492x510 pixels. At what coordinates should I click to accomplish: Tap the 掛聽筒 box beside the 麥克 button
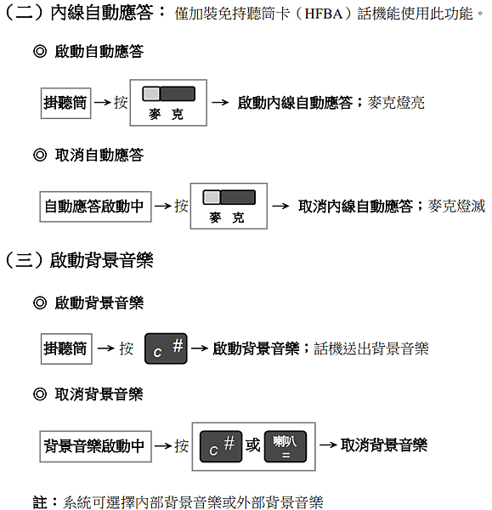point(65,103)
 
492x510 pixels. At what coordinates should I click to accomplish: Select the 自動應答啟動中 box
point(95,207)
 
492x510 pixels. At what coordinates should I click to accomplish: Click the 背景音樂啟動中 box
point(95,446)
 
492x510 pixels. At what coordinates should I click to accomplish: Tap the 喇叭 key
point(286,446)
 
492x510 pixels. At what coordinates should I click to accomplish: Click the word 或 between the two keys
point(252,445)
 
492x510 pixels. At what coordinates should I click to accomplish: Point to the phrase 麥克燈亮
point(396,103)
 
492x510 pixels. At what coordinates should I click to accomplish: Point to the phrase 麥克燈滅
point(456,207)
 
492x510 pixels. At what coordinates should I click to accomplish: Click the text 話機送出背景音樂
point(371,348)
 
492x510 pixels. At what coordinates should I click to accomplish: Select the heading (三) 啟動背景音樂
point(79,260)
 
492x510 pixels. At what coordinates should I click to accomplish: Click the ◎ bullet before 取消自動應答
point(40,155)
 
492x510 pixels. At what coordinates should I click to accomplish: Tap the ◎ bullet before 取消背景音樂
point(40,394)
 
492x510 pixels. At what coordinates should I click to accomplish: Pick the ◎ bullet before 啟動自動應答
point(40,51)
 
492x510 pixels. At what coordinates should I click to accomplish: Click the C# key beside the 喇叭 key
point(221,446)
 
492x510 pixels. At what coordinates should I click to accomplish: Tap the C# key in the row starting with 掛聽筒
point(166,348)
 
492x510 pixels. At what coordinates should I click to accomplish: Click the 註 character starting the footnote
point(40,501)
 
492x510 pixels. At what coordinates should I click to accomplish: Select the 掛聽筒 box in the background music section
point(66,348)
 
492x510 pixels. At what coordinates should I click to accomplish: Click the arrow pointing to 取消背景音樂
point(328,445)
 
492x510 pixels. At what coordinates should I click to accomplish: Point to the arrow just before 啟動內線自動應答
point(220,103)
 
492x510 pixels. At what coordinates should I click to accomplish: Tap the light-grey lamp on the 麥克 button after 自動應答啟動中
point(212,197)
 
